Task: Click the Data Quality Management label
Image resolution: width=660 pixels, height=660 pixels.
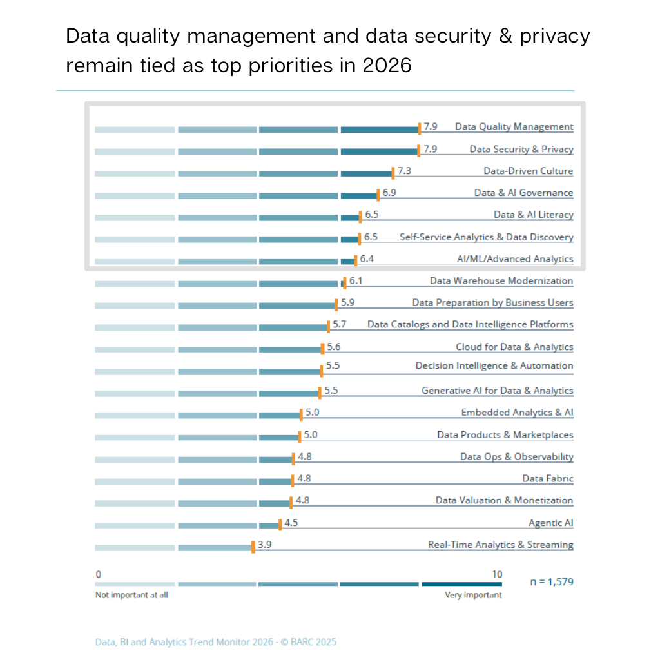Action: point(514,127)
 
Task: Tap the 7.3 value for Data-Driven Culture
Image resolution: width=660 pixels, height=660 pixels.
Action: point(405,171)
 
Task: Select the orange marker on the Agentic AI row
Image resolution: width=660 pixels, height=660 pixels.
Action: point(280,525)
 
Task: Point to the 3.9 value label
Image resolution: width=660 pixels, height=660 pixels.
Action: point(264,545)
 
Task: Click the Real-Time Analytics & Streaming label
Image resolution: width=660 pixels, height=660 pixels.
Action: point(500,545)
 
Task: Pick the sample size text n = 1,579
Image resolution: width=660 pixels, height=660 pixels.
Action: point(551,582)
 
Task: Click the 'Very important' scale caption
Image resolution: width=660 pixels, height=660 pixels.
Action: point(473,595)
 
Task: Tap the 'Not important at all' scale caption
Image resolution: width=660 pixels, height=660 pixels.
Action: point(131,595)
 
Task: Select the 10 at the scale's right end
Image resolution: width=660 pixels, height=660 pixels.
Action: point(496,574)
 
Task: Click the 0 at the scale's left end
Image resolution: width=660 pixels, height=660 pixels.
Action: point(98,574)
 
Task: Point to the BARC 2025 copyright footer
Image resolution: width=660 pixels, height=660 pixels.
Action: point(215,642)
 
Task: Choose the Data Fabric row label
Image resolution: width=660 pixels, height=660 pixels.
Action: point(547,478)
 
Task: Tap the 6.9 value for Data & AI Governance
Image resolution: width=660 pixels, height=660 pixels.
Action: point(389,193)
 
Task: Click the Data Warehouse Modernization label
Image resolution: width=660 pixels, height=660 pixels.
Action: point(501,280)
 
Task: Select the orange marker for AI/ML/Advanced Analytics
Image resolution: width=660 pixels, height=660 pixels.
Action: point(354,260)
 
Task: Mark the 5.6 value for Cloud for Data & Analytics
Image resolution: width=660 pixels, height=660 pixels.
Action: point(333,347)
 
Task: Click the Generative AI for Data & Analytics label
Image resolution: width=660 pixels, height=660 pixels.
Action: point(497,391)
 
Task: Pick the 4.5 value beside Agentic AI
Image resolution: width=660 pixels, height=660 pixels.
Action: point(291,523)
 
